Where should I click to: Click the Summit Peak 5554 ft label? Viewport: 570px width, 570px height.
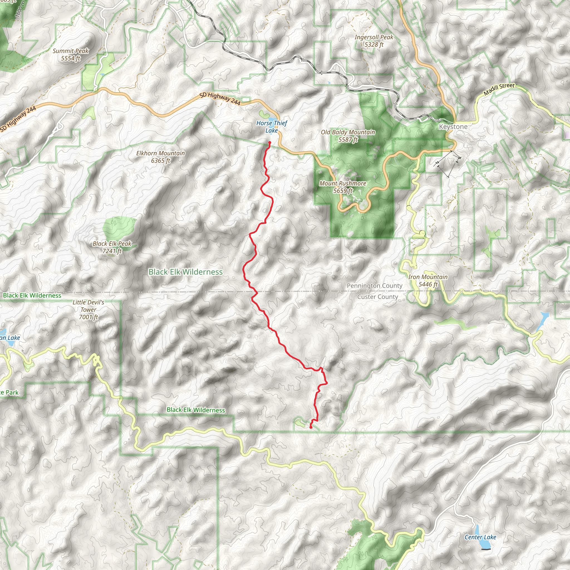click(70, 55)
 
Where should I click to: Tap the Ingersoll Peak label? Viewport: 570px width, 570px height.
click(374, 41)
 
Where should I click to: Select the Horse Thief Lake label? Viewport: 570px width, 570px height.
click(271, 127)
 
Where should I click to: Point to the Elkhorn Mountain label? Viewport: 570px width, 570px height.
click(161, 157)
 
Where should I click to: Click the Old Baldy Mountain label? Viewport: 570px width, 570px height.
click(348, 136)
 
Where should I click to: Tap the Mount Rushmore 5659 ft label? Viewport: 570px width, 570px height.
click(343, 187)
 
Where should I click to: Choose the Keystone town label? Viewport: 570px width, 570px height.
click(453, 127)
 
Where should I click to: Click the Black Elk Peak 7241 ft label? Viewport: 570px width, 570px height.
click(112, 247)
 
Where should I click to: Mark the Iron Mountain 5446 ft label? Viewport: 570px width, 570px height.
click(428, 280)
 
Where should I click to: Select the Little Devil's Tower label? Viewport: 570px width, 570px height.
click(88, 309)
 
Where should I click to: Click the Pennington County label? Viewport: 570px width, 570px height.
click(374, 286)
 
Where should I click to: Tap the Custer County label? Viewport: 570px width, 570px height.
click(378, 297)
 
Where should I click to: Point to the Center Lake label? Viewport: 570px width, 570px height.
click(480, 537)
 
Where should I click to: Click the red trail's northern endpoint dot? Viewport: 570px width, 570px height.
click(270, 143)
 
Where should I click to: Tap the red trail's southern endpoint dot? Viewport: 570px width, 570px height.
click(311, 427)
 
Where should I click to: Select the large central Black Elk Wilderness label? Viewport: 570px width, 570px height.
click(185, 272)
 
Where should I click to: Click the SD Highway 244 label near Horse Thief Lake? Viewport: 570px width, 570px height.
click(220, 99)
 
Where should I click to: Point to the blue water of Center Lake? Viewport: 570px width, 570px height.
click(478, 530)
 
